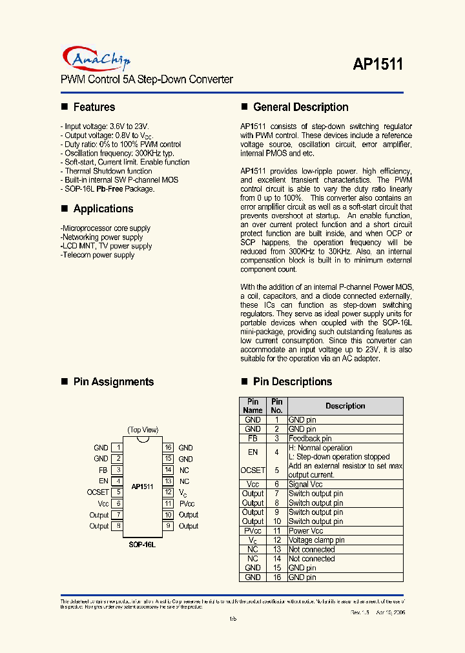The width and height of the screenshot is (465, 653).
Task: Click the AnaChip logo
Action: (97, 59)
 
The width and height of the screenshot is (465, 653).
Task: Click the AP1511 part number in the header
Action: (378, 64)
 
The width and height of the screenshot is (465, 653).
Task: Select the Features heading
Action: (94, 107)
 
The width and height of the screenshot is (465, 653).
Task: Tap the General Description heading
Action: (300, 107)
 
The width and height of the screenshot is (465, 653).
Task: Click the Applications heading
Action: (103, 208)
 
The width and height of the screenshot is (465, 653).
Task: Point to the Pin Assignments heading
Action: (113, 381)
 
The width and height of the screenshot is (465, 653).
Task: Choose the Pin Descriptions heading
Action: (292, 381)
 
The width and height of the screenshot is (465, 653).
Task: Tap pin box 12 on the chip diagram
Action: (168, 492)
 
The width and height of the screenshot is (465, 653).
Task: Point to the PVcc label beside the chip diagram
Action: (187, 503)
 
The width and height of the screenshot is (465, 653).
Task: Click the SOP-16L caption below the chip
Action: (142, 545)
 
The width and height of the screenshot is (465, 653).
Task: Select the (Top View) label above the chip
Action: (143, 430)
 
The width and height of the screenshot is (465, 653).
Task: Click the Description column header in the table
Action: (345, 406)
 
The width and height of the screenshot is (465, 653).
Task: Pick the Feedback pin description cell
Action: (310, 438)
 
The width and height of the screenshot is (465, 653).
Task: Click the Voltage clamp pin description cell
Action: (316, 540)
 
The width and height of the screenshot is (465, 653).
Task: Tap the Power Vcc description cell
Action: (305, 530)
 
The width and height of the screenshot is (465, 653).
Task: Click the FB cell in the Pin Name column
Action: (253, 438)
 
